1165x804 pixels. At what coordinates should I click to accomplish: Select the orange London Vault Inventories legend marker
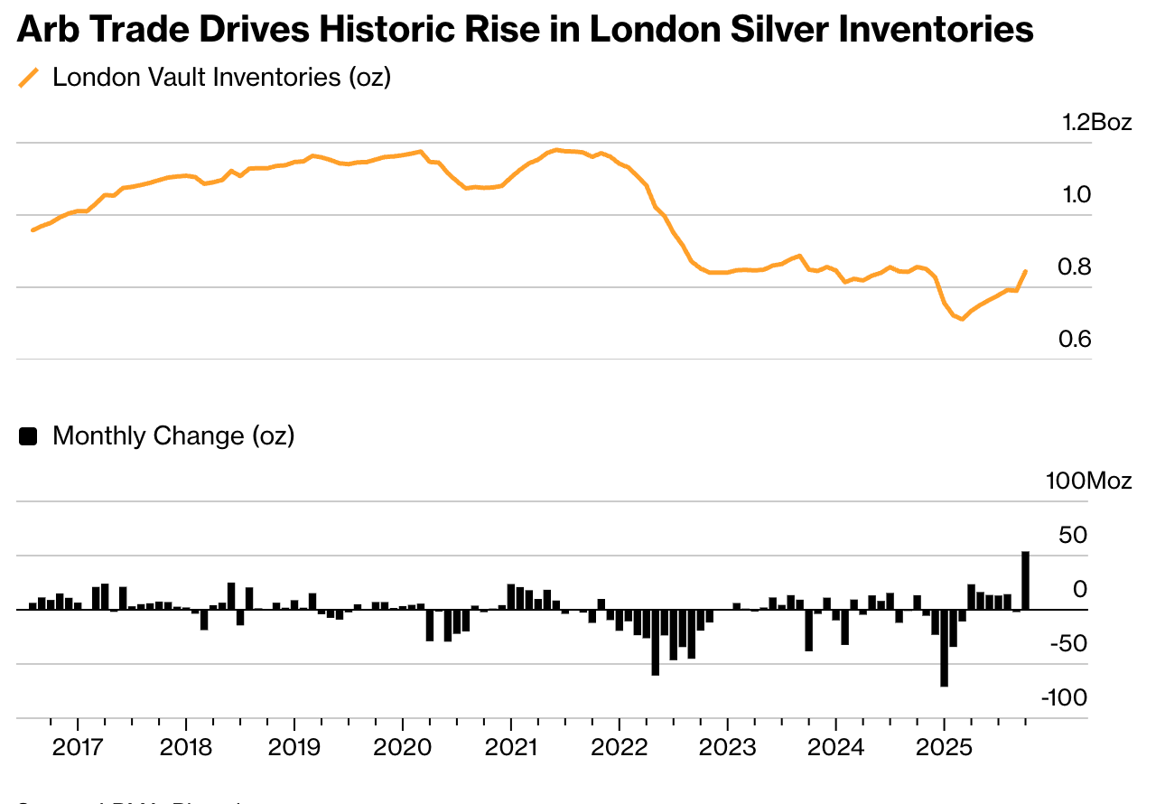pos(30,78)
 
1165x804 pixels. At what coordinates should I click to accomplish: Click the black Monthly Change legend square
pos(29,436)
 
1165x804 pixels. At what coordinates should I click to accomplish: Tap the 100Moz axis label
pos(1088,481)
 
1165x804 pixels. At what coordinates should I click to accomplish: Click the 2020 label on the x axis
pos(402,748)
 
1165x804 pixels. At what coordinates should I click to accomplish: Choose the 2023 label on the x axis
pos(727,748)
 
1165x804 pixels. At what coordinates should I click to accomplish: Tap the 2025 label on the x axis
pos(944,748)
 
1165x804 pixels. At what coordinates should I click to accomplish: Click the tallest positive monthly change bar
pos(1026,580)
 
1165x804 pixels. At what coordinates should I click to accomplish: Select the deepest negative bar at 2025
pos(944,648)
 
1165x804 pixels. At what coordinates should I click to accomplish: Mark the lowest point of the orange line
pos(963,319)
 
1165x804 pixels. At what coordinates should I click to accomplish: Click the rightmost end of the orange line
pos(1026,270)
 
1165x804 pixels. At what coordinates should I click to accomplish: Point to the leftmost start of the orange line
pos(33,230)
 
